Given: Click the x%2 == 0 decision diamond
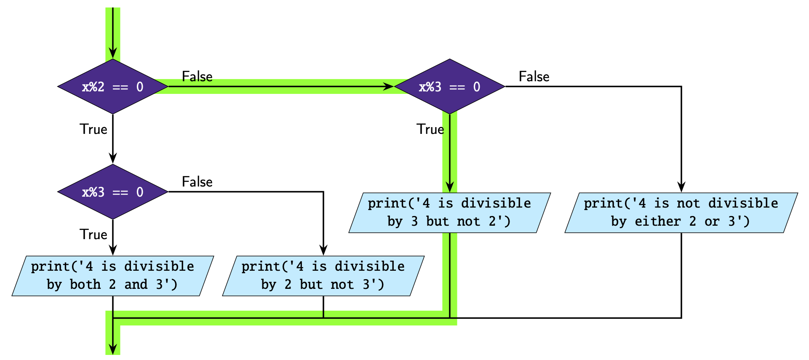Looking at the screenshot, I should tap(112, 87).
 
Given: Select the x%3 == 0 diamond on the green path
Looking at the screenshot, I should tap(449, 87).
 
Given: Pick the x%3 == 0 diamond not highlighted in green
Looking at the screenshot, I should tap(112, 192).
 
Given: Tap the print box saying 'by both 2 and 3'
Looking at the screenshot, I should tap(112, 276).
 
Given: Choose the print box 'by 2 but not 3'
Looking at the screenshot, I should tap(323, 276).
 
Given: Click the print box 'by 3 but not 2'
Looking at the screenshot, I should tap(449, 213).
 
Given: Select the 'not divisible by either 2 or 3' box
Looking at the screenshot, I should tap(681, 213).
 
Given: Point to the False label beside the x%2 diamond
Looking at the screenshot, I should tap(197, 76).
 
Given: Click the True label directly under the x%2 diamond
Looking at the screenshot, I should tap(93, 129).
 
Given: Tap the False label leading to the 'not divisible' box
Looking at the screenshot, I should tap(534, 76).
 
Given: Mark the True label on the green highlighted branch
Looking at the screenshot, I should tap(430, 129).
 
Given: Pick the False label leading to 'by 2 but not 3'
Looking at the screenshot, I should tap(197, 181).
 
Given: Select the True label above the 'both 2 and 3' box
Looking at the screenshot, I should tap(93, 235).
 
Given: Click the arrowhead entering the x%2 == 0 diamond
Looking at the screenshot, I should tap(112, 53).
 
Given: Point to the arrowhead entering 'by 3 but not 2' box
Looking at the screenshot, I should tap(449, 187).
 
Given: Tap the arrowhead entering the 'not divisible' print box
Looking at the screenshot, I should tap(681, 187).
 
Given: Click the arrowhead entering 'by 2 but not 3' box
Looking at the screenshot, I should tap(323, 251).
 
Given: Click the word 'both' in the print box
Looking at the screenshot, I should tap(85, 285).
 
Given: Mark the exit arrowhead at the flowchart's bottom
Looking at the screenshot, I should tap(112, 349).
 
